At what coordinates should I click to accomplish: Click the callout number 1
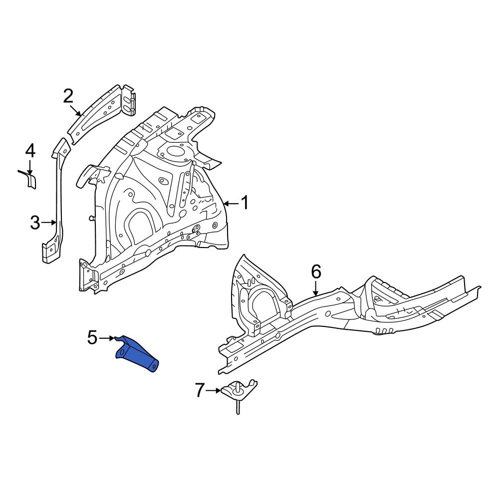(x=245, y=203)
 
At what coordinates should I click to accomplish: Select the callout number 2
(x=68, y=96)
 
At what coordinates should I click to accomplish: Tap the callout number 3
(x=34, y=223)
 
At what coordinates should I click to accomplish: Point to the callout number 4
(x=30, y=151)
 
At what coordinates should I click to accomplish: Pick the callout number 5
(x=92, y=338)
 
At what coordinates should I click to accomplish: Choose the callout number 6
(x=316, y=272)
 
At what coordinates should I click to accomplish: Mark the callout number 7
(x=200, y=390)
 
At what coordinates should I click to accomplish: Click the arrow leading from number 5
(x=107, y=338)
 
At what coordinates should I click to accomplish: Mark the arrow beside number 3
(x=49, y=223)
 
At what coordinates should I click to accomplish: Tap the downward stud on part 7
(x=238, y=407)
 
